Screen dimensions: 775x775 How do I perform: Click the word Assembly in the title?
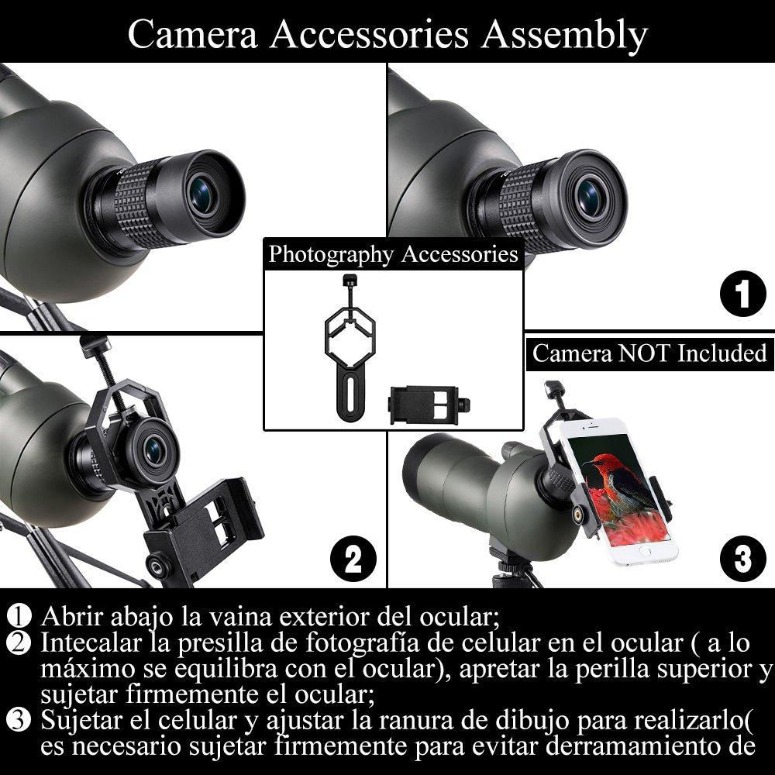(564, 36)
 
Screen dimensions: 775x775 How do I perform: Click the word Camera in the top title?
(193, 35)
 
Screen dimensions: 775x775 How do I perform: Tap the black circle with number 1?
(743, 294)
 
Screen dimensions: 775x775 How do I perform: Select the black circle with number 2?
(353, 559)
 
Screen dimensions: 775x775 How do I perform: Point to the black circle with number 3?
(743, 559)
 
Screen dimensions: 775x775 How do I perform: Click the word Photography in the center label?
(331, 254)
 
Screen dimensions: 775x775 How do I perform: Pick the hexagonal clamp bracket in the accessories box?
(350, 346)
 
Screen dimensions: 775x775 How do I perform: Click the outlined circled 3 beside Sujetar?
(19, 720)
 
